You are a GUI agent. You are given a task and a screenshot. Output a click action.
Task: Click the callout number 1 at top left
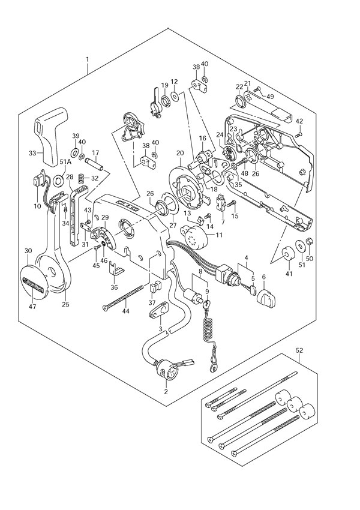click(88, 60)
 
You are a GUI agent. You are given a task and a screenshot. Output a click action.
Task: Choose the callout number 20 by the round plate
click(179, 154)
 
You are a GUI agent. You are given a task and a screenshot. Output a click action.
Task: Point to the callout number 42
click(299, 121)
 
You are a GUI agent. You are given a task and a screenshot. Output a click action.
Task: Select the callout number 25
click(65, 304)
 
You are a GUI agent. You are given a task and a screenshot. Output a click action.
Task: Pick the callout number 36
click(114, 287)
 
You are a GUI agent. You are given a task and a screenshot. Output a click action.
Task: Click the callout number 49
click(271, 96)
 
